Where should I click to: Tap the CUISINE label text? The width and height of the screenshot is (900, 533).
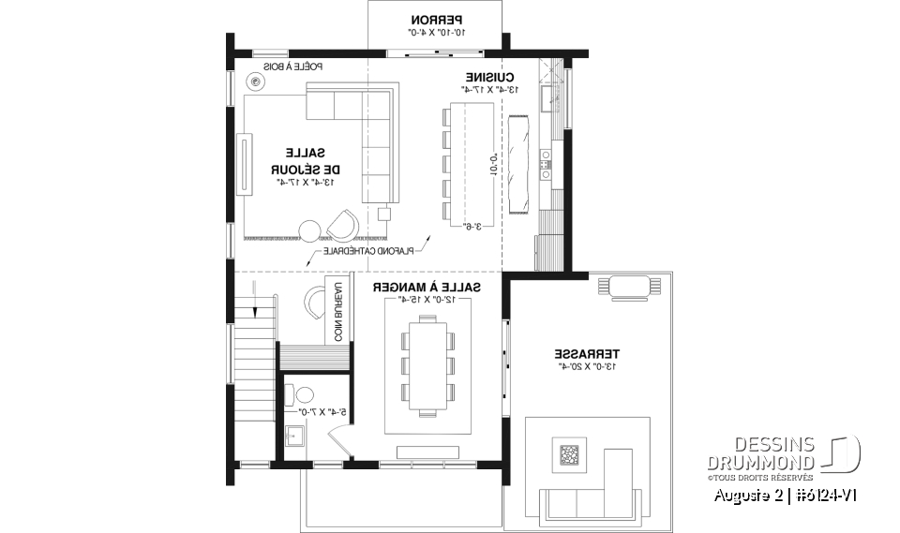click(x=487, y=77)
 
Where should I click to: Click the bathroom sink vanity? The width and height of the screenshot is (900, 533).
click(x=295, y=436)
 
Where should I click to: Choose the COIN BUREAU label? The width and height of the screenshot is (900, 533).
click(x=331, y=310)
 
